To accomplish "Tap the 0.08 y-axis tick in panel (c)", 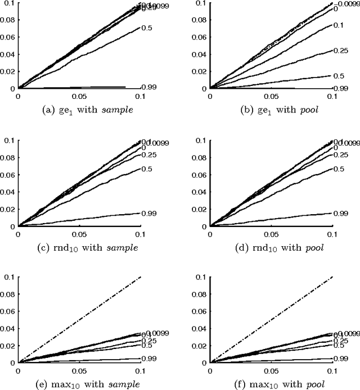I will [x=8, y=159].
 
